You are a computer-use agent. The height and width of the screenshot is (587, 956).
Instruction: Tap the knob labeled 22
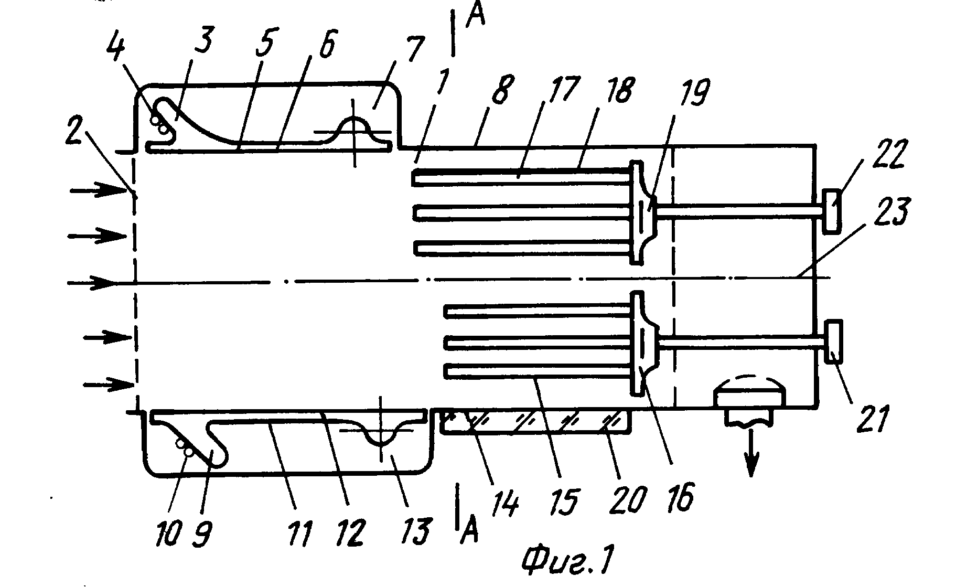point(831,212)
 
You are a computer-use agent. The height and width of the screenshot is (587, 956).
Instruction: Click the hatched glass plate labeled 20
point(535,423)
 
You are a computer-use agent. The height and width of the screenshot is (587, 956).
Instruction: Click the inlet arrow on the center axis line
point(91,284)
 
